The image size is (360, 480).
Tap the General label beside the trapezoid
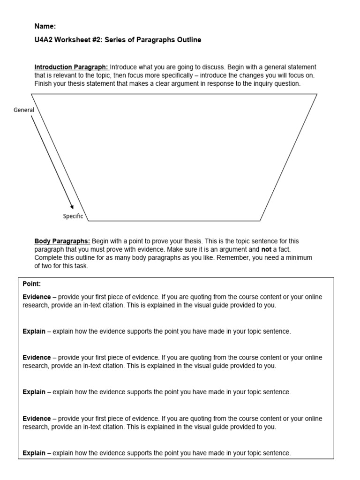click(x=24, y=110)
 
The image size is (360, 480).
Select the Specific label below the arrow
click(x=73, y=216)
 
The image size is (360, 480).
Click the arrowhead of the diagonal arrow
click(x=72, y=207)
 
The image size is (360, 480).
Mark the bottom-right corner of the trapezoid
click(x=261, y=220)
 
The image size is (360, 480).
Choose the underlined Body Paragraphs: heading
click(x=62, y=241)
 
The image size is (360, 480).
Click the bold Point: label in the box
click(x=31, y=284)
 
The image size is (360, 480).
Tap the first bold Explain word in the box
click(x=34, y=331)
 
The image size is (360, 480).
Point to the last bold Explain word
click(x=34, y=453)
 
